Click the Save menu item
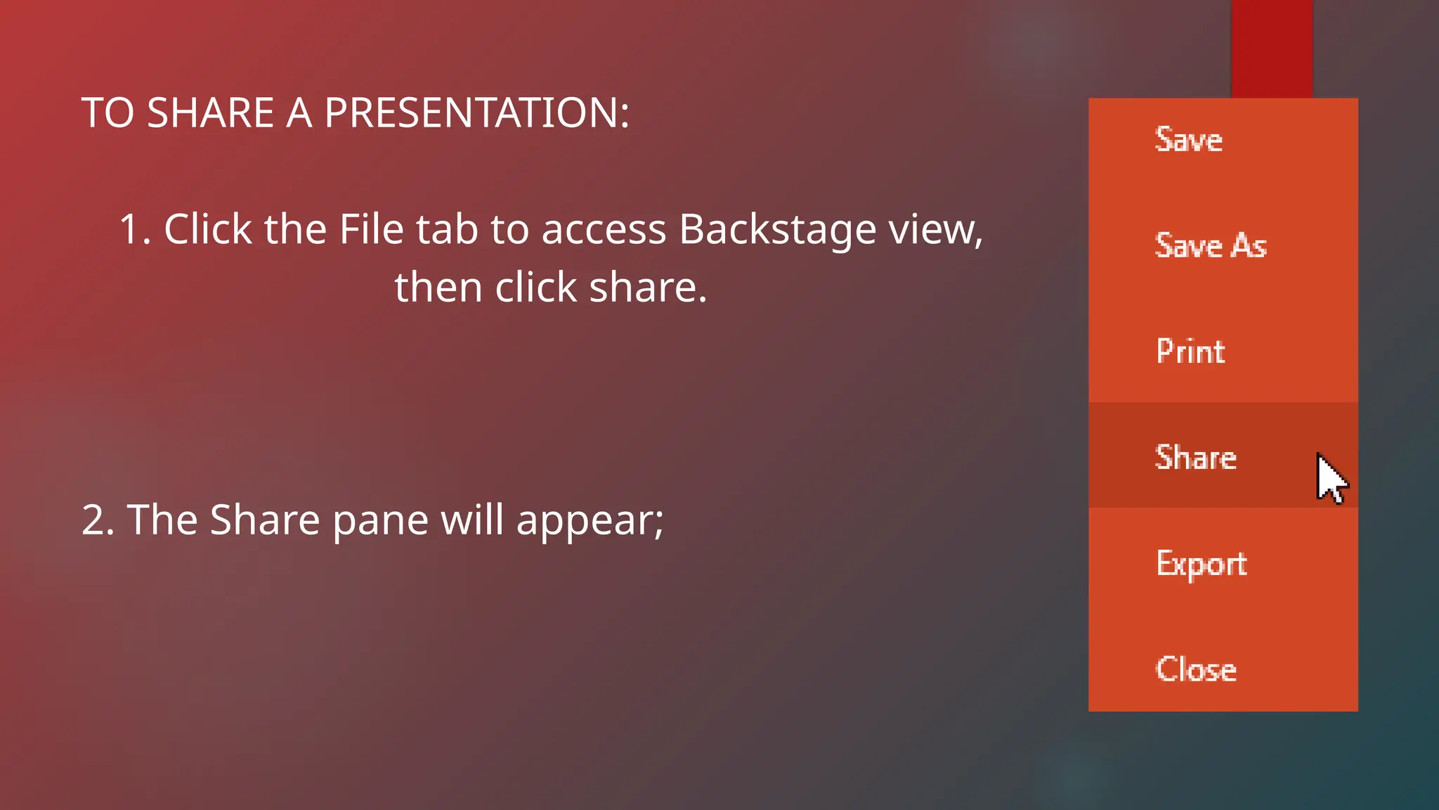click(1188, 139)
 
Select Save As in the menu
click(1210, 245)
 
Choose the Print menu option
click(1190, 351)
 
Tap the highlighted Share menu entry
click(1195, 457)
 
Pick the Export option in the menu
click(1201, 564)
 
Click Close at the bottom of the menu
click(1195, 669)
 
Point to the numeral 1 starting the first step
click(130, 229)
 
